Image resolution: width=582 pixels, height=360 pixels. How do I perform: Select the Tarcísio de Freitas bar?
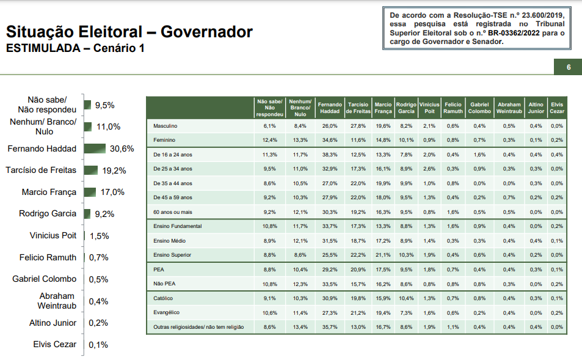click(90, 170)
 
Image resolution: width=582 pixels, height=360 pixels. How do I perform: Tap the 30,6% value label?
click(122, 149)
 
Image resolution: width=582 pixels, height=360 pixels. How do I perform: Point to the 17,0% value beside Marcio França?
click(112, 192)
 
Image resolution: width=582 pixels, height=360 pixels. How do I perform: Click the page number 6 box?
click(568, 67)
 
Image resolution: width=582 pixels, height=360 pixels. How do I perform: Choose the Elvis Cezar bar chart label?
click(55, 345)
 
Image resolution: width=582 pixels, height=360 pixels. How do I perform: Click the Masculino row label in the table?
click(165, 126)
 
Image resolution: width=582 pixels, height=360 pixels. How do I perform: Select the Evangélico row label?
click(166, 313)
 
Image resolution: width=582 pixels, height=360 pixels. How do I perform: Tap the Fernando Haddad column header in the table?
click(330, 108)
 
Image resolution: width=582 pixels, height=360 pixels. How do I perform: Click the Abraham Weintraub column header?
click(509, 108)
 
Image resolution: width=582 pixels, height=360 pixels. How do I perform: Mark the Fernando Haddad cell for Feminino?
click(330, 140)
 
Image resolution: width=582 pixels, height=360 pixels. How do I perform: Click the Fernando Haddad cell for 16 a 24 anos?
click(330, 155)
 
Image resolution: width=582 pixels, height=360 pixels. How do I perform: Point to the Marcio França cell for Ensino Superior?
click(383, 254)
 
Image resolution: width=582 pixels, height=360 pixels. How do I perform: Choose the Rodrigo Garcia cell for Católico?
click(406, 298)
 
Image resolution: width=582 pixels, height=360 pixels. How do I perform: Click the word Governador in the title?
click(206, 32)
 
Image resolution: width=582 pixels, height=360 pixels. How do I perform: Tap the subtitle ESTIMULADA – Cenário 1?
click(75, 48)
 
